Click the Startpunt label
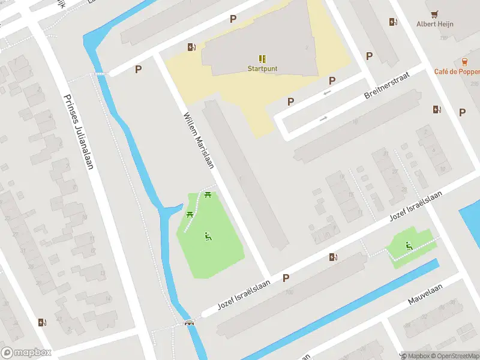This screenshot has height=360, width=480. click(262, 68)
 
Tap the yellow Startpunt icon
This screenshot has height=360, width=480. click(262, 58)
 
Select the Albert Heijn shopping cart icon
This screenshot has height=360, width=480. click(435, 14)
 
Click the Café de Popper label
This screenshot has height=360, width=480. click(457, 71)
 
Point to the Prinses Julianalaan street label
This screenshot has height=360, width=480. click(78, 131)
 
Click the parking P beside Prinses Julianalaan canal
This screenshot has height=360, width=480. click(139, 70)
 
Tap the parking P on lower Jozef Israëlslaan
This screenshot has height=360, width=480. click(286, 278)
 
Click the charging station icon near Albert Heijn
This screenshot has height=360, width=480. click(393, 22)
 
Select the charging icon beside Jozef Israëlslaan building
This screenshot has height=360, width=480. click(333, 257)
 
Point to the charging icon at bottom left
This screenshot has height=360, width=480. click(41, 322)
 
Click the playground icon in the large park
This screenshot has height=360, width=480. click(208, 236)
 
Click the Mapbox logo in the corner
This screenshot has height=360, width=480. click(26, 352)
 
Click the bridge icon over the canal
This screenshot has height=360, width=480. click(190, 322)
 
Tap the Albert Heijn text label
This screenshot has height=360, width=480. click(435, 24)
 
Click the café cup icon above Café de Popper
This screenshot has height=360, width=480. click(465, 62)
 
